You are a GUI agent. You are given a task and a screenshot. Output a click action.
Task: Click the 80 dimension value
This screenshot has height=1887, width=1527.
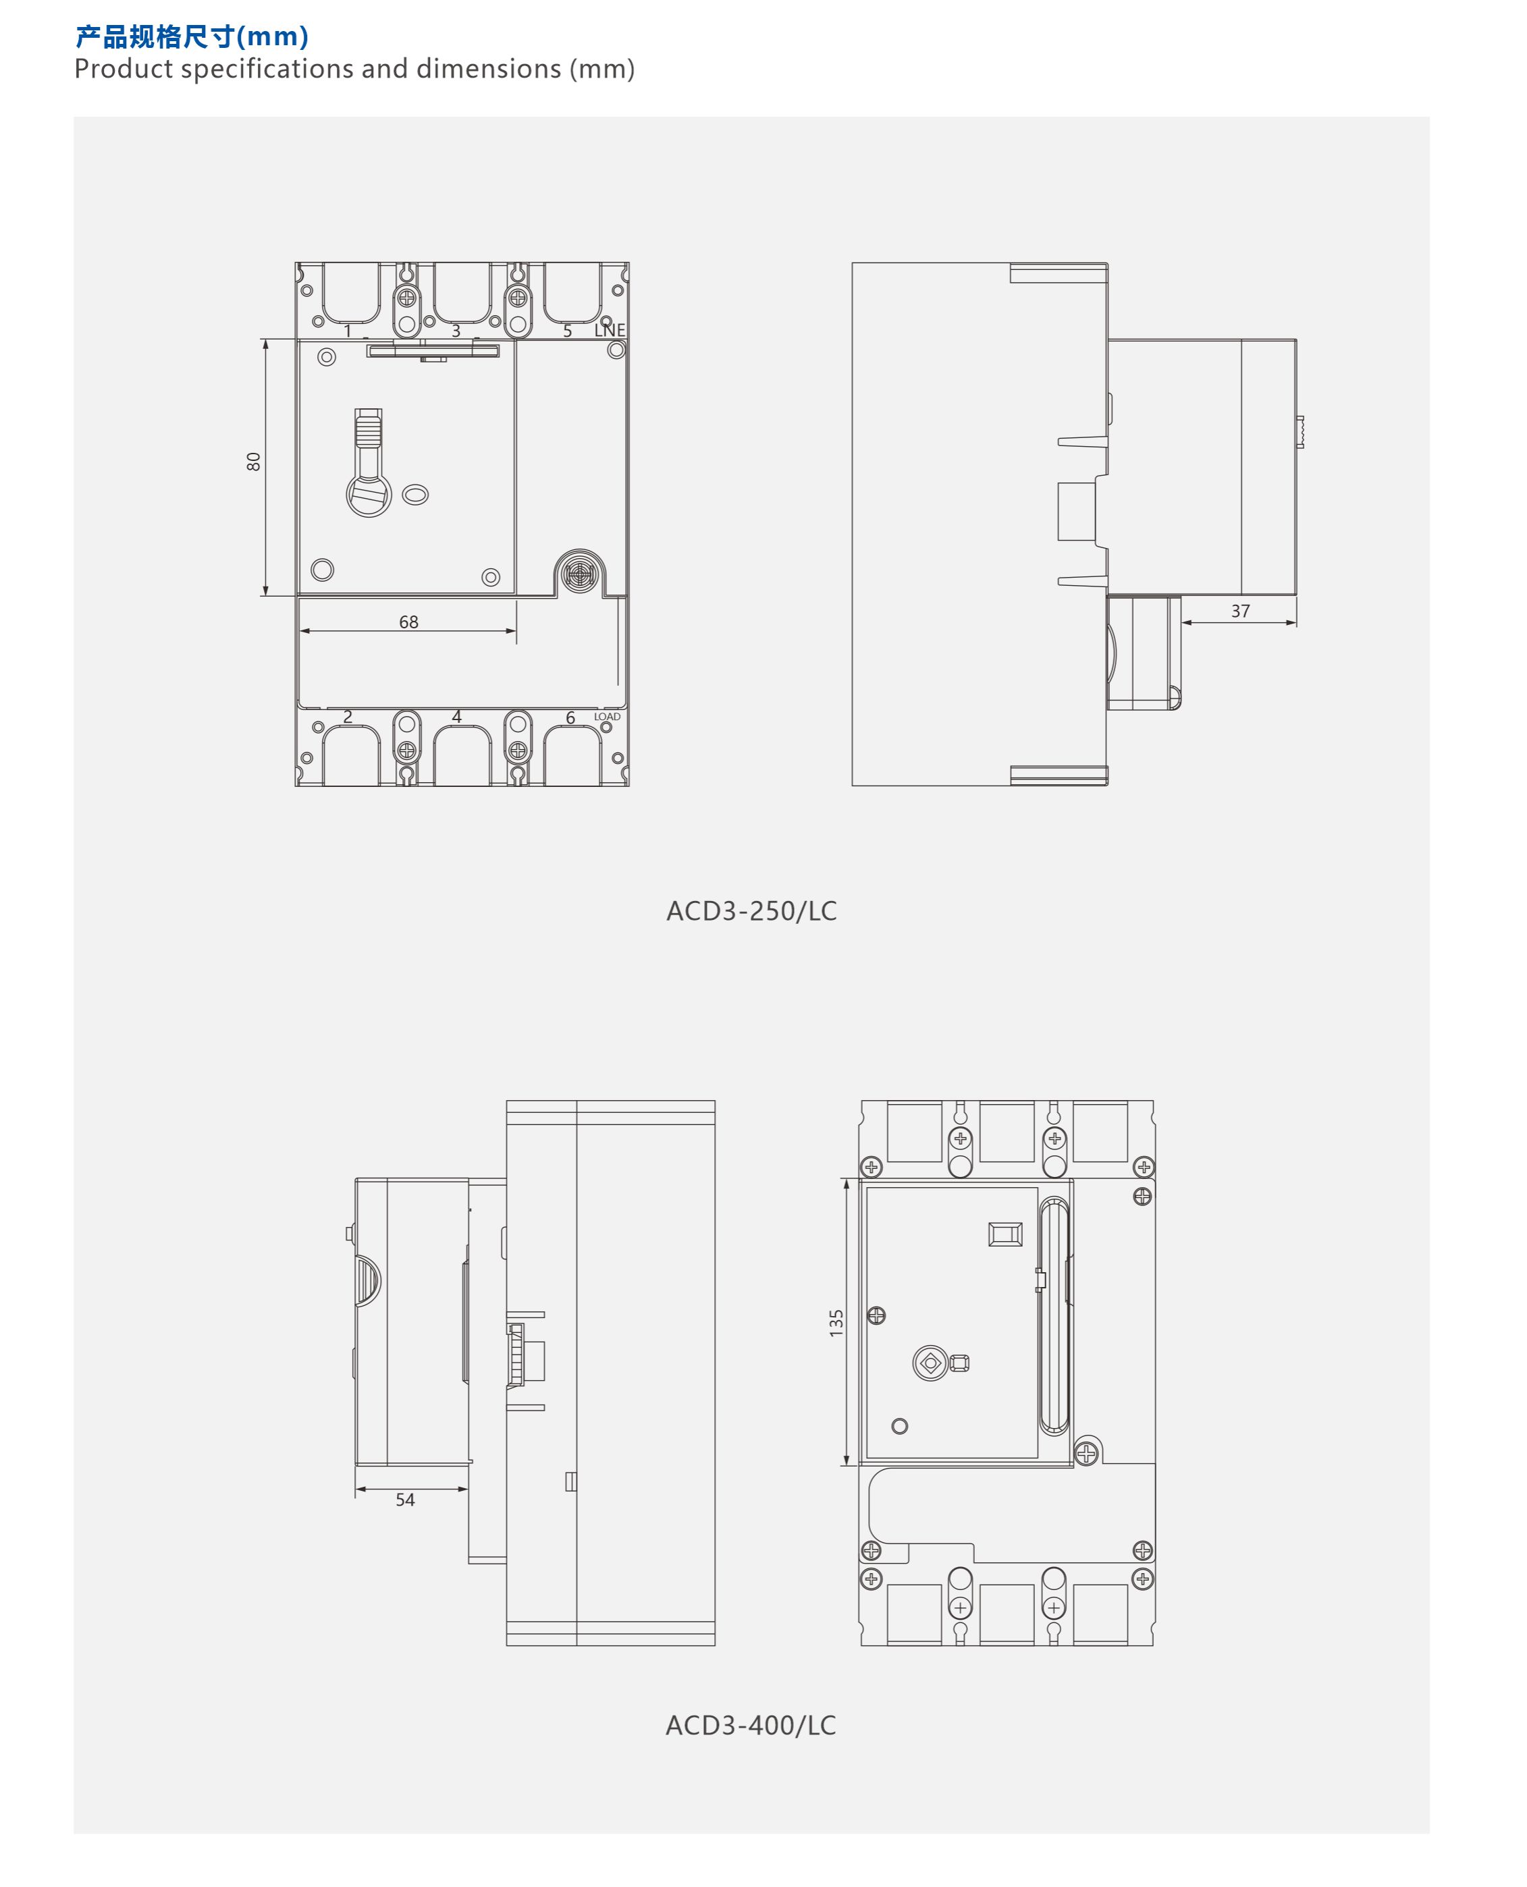click(x=253, y=462)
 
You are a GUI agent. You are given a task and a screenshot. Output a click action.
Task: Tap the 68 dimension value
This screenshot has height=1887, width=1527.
click(x=409, y=622)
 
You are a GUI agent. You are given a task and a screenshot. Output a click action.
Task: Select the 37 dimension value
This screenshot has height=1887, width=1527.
click(x=1240, y=611)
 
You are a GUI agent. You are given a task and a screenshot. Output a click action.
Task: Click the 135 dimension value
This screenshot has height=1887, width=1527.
click(x=836, y=1323)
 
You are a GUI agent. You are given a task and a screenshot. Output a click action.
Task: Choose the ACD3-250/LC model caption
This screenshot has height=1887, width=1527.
click(x=751, y=911)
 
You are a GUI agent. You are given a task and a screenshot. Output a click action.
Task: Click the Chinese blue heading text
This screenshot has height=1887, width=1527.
click(x=192, y=37)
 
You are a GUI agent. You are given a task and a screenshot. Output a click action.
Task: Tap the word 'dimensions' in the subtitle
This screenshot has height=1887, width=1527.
click(x=488, y=69)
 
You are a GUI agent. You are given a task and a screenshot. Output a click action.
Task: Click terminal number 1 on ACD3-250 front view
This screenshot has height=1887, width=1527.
click(x=348, y=331)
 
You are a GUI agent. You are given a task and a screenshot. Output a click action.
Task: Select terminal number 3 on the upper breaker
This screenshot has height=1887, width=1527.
click(x=456, y=331)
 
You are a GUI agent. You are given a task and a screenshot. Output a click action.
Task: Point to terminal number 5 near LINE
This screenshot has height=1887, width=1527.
click(x=567, y=331)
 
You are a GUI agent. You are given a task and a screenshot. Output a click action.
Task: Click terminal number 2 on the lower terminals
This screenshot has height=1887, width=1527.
click(x=348, y=717)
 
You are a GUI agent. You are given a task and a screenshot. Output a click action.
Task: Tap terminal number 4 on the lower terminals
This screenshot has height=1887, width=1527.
click(x=456, y=717)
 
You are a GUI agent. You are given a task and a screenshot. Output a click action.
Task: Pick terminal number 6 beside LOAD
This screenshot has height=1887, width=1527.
click(x=570, y=717)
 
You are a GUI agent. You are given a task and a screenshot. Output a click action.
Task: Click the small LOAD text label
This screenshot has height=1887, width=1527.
click(x=607, y=717)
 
